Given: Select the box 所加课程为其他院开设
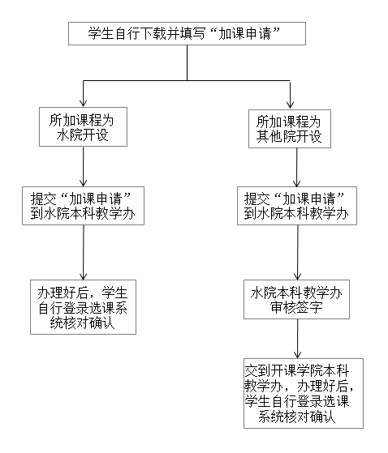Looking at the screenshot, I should coord(290,128).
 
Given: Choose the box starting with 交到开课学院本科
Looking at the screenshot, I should coord(302,393).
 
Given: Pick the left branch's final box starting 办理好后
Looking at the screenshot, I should coord(83,306).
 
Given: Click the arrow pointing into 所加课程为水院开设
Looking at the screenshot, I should coord(83,93).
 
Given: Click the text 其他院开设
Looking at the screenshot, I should coord(290,137).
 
